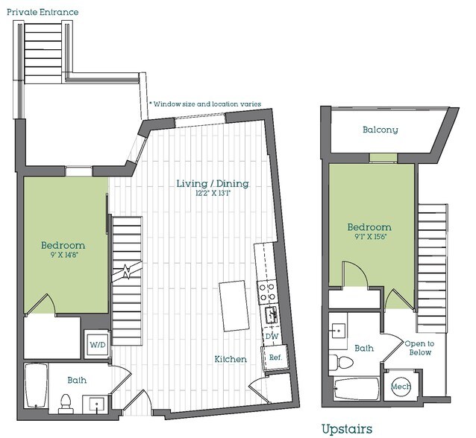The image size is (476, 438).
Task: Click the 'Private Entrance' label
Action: tap(42, 13)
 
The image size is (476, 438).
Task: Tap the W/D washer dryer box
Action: tap(98, 345)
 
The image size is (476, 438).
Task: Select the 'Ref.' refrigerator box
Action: tap(275, 357)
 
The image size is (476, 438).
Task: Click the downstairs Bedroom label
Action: tap(62, 245)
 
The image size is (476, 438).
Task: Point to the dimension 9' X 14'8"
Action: tap(62, 256)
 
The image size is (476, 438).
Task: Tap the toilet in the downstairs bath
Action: tap(65, 403)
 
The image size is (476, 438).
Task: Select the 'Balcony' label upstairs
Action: tap(380, 130)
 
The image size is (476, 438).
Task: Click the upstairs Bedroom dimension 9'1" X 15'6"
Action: tap(369, 238)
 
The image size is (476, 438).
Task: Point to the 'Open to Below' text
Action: tap(418, 348)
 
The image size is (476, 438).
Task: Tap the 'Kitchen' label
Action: tap(231, 359)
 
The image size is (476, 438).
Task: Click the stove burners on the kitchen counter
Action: tap(267, 291)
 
